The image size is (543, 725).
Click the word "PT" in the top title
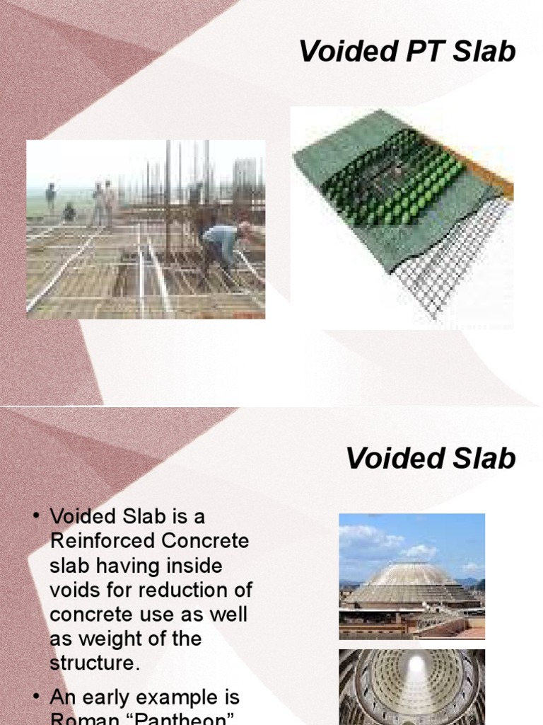(x=422, y=52)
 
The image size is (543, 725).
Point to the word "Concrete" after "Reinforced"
(x=204, y=541)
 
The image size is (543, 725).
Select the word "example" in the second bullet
(x=190, y=699)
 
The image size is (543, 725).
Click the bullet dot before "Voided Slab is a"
(x=35, y=517)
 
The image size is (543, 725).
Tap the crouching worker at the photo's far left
(x=69, y=212)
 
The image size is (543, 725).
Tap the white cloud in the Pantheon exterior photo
(x=368, y=538)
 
